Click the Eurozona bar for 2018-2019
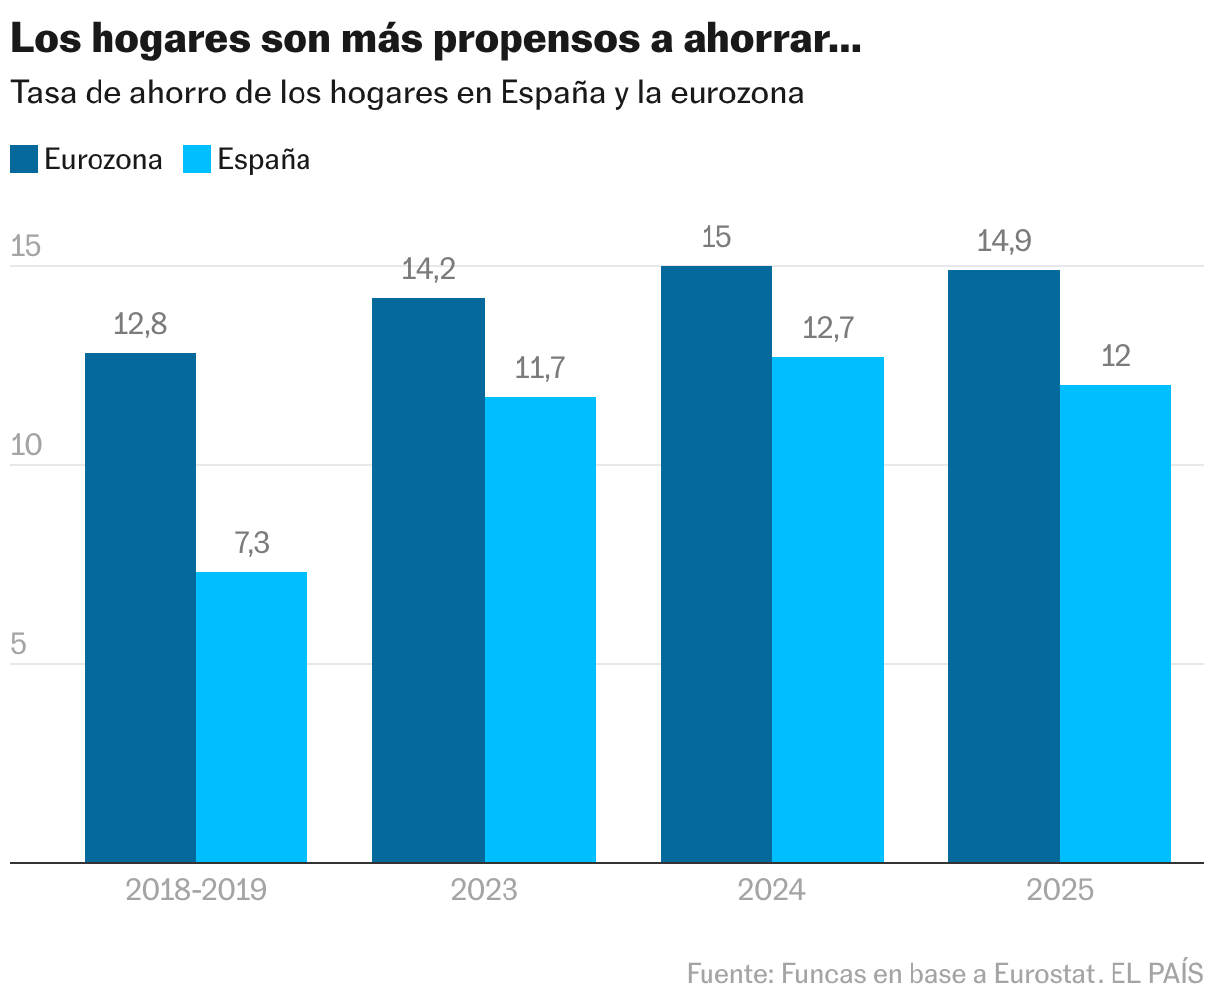tap(140, 607)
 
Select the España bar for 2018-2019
tap(252, 716)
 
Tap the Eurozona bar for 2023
tap(428, 579)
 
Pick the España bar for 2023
tap(540, 629)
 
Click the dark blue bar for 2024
tap(716, 563)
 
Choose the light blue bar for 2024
tap(828, 609)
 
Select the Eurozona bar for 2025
tap(1004, 565)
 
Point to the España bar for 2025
tap(1115, 623)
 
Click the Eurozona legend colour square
tap(24, 159)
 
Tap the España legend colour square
tap(198, 159)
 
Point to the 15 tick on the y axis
tap(25, 247)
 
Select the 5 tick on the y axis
tap(18, 645)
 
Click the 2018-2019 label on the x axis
tap(196, 889)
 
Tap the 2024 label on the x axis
tap(771, 889)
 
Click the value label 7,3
tap(252, 544)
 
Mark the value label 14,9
tap(1004, 241)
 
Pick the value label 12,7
tap(828, 328)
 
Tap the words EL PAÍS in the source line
tap(1157, 972)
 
